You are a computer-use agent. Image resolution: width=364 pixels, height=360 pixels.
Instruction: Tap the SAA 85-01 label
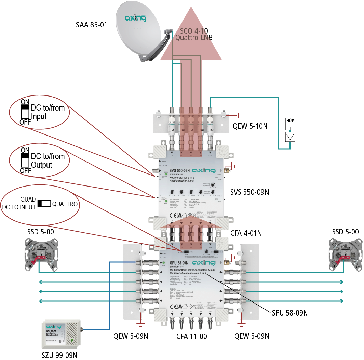91,25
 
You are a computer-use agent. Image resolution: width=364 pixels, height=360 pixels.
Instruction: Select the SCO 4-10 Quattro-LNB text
194,34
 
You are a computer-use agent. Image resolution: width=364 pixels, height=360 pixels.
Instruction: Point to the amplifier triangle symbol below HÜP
289,137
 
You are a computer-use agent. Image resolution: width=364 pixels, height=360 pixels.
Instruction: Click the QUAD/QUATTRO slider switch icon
44,204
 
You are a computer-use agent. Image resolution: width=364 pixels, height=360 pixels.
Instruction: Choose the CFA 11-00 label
191,336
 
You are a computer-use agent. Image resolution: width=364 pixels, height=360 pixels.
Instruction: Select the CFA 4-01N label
246,233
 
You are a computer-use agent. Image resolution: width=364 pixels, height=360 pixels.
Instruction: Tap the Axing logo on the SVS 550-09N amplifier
203,170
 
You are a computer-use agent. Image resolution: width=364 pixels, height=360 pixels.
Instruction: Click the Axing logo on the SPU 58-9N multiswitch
203,262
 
